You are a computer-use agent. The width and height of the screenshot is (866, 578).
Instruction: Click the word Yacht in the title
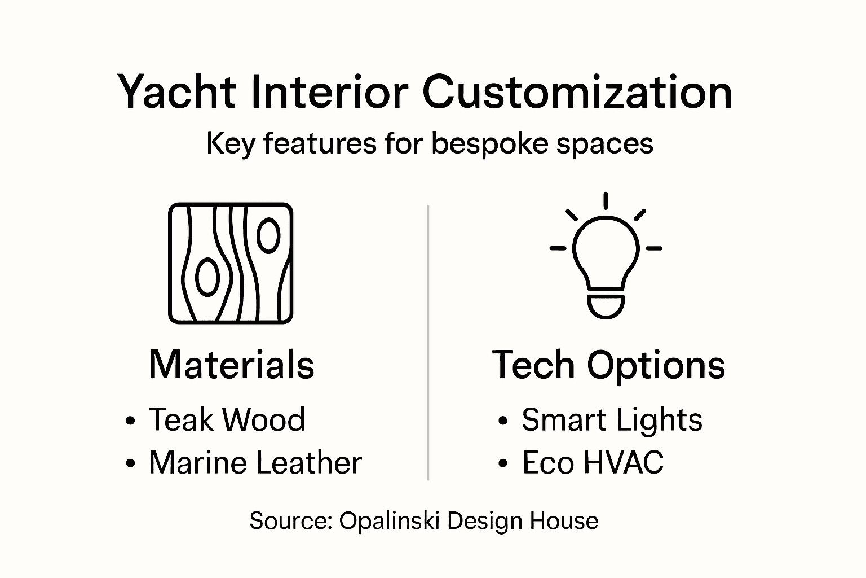click(x=176, y=92)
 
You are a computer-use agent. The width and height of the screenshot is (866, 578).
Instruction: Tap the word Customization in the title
click(x=577, y=92)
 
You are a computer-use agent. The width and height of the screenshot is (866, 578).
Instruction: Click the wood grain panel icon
click(x=231, y=263)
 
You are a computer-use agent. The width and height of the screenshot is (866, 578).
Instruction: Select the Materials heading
click(x=231, y=365)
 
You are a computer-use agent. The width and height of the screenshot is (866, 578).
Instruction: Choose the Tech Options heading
click(x=608, y=365)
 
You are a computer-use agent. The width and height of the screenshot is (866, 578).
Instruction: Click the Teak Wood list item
click(x=227, y=420)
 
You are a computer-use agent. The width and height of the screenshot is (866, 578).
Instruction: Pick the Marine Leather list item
click(x=255, y=463)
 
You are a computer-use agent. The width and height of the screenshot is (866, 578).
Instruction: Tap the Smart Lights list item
click(x=612, y=420)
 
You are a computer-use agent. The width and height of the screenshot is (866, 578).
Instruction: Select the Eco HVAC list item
click(x=593, y=463)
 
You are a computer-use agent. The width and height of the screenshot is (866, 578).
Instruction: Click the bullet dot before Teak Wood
click(x=131, y=421)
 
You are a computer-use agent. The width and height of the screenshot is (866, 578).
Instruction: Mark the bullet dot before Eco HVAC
click(x=503, y=464)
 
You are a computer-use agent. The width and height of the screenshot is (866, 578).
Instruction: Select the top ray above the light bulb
click(x=606, y=201)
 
